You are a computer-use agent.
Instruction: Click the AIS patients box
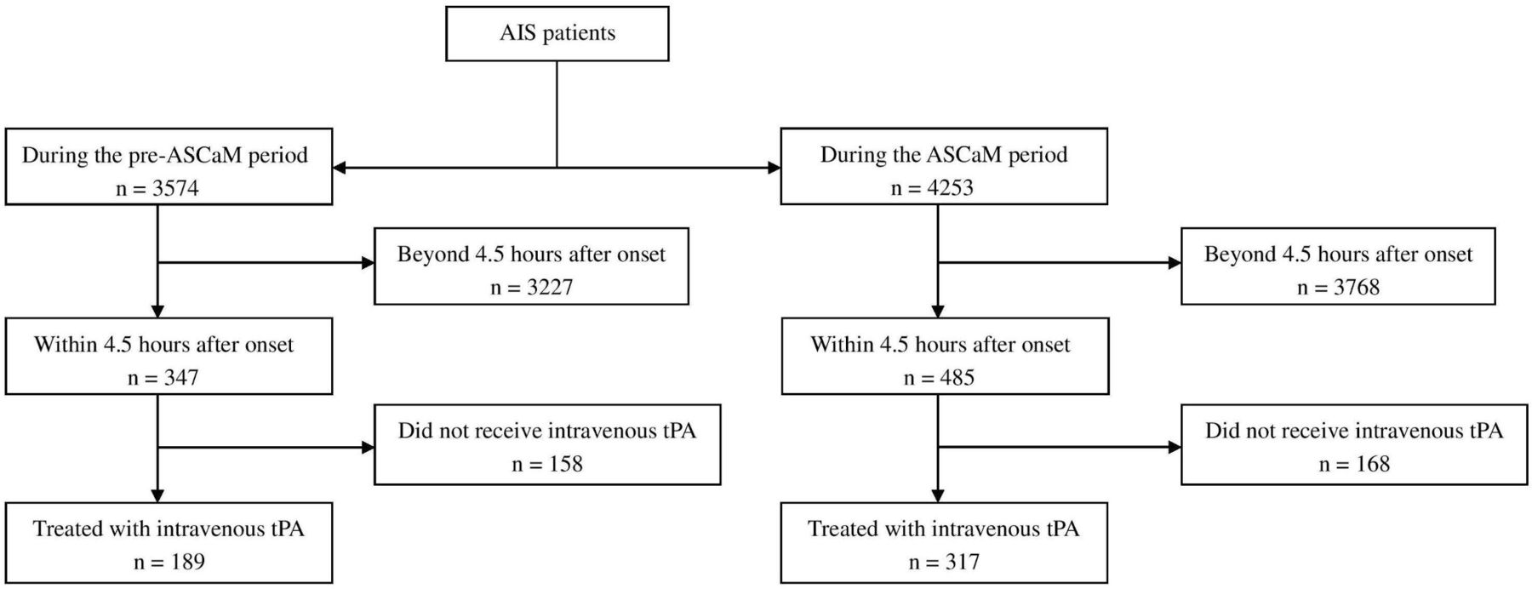click(x=557, y=34)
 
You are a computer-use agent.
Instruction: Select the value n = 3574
click(x=157, y=188)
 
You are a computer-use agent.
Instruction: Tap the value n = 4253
click(x=932, y=188)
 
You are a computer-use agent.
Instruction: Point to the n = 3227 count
click(x=531, y=287)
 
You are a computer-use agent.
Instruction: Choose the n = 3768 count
click(x=1338, y=287)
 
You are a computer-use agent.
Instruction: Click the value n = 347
click(x=163, y=377)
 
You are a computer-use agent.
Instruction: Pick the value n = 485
click(x=939, y=377)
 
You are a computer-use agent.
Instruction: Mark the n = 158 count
click(x=547, y=464)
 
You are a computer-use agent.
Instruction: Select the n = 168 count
click(x=1354, y=464)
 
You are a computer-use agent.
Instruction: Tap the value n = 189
click(x=169, y=562)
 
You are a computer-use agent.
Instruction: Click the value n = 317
click(x=944, y=562)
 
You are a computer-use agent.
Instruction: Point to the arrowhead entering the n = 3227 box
click(x=368, y=263)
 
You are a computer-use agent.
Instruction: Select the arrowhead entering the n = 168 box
click(x=1175, y=447)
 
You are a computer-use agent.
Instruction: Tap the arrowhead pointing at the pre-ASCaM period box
click(x=340, y=168)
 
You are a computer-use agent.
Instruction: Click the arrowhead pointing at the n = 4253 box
click(x=774, y=168)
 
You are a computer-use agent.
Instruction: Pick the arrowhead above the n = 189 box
click(x=157, y=495)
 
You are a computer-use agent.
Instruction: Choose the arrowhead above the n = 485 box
click(x=938, y=311)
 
